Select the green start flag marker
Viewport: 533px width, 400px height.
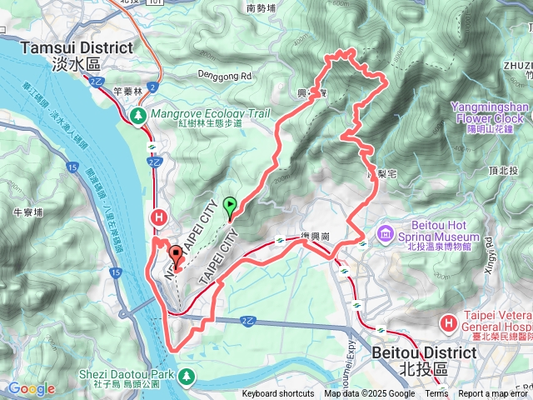click(230, 203)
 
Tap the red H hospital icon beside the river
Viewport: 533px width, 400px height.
click(157, 217)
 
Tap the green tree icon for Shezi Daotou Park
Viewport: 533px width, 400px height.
click(186, 377)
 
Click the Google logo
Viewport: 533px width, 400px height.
click(32, 388)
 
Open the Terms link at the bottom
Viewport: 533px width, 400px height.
click(436, 394)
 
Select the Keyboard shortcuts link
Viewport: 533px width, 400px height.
click(278, 394)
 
